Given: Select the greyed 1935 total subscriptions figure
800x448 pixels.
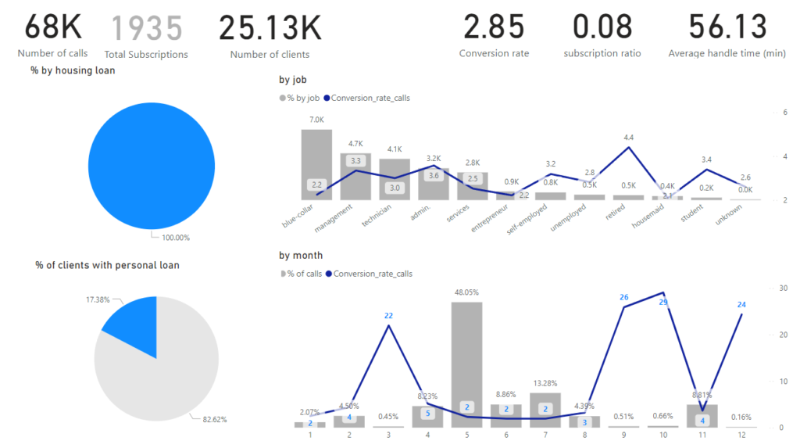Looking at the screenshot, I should [146, 28].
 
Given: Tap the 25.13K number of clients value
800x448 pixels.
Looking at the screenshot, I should [270, 27].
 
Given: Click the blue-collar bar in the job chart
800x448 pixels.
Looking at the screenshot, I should [316, 164].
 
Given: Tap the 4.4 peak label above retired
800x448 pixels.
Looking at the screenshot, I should [628, 138].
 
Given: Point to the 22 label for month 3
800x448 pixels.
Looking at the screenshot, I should [389, 315].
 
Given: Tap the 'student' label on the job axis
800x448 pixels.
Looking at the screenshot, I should [693, 215].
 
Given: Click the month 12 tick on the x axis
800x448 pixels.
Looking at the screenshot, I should [740, 435].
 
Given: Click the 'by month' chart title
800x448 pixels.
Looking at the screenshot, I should [301, 255].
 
